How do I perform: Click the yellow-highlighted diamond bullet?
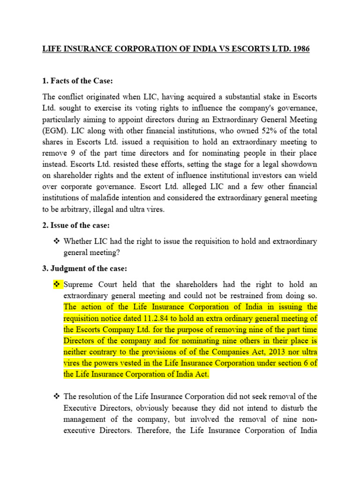[x=58, y=284]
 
